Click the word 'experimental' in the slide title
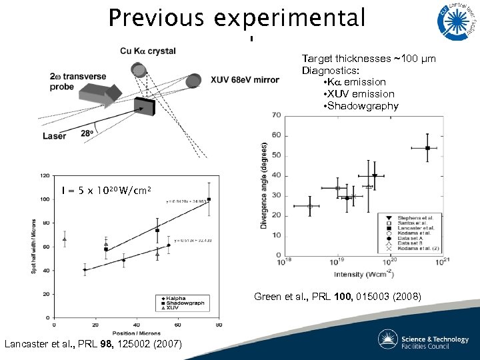click(x=289, y=19)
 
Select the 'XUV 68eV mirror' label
click(x=245, y=80)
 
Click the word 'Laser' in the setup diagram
click(x=55, y=136)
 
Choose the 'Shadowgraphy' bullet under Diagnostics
click(x=360, y=106)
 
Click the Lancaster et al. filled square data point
click(x=427, y=148)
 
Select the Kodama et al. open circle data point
click(x=310, y=206)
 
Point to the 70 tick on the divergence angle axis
click(x=276, y=115)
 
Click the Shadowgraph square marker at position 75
click(x=209, y=199)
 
